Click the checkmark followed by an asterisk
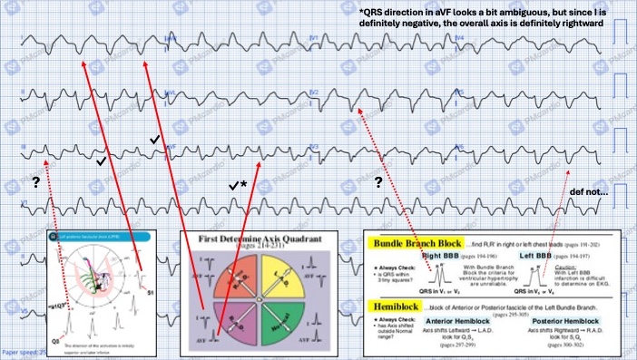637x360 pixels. pos(240,185)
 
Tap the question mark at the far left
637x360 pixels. pos(36,182)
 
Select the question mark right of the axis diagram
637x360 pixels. pos(377,182)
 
